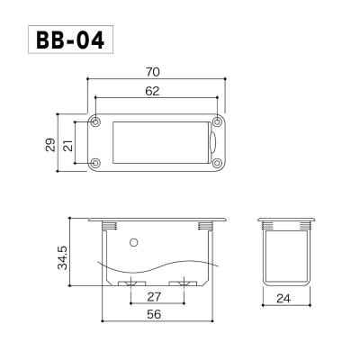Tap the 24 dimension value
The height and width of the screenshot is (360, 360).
(284, 296)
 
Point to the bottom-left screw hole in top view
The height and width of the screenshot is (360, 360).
(96, 163)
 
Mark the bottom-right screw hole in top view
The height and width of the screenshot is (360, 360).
(217, 163)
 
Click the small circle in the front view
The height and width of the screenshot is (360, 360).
(133, 241)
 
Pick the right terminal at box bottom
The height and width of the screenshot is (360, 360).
(184, 283)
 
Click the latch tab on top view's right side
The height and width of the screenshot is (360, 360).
(211, 142)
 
